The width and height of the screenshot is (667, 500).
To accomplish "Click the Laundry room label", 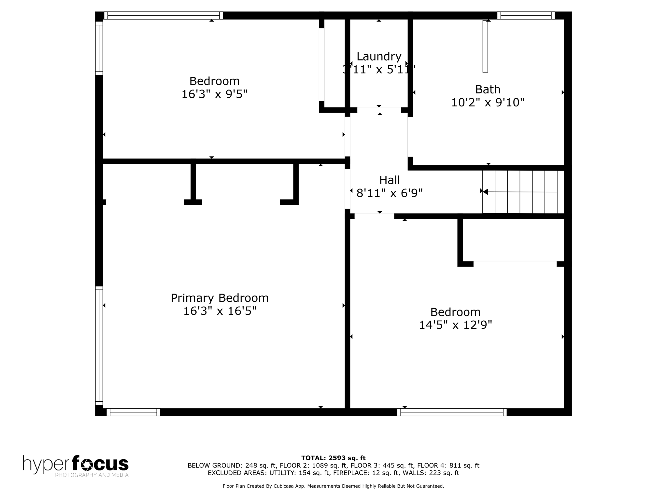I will [379, 57].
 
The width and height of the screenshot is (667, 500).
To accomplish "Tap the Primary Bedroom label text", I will [220, 298].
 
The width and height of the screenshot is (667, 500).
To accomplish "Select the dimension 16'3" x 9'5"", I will [214, 94].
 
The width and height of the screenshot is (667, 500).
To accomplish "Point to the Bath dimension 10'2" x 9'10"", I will [488, 103].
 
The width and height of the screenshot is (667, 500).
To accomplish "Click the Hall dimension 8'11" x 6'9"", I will [390, 193].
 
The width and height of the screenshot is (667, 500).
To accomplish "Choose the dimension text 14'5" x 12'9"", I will [455, 325].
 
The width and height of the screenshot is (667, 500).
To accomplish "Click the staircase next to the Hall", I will [523, 192].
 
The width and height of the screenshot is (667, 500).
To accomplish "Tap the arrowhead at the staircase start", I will [485, 192].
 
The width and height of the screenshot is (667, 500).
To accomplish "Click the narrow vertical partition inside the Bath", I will [485, 46].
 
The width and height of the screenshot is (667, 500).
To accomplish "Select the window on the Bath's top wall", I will [526, 15].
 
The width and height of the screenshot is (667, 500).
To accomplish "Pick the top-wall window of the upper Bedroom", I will [164, 15].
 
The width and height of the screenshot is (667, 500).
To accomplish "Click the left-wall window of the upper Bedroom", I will [99, 48].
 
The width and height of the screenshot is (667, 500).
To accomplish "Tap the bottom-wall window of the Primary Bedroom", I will [134, 412].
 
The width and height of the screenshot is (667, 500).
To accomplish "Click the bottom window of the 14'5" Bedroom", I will [452, 412].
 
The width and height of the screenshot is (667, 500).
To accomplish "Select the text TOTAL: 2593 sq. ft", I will [333, 458].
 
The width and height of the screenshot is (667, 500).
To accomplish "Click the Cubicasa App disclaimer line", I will [333, 486].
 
